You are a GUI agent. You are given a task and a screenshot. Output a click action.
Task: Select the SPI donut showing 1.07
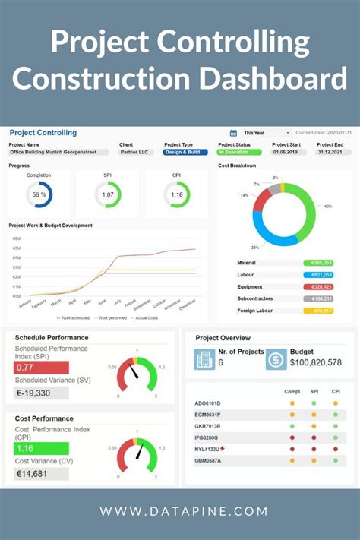tap(108, 194)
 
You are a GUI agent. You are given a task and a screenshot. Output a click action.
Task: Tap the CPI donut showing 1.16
tap(177, 194)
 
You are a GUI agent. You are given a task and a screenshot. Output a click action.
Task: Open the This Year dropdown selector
tap(264, 133)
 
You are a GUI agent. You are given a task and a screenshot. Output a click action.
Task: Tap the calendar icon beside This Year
tap(234, 133)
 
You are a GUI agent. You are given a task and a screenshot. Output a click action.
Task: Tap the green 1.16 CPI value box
tap(42, 449)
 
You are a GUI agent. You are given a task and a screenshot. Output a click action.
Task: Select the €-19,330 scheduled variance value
tap(42, 393)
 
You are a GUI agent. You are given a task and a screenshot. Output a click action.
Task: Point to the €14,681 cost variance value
tap(42, 474)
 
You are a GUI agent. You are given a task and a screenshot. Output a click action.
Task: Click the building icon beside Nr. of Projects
tap(204, 358)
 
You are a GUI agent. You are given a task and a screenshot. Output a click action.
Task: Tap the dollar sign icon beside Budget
tap(276, 358)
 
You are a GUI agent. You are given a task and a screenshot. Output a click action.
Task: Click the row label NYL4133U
tap(208, 449)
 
